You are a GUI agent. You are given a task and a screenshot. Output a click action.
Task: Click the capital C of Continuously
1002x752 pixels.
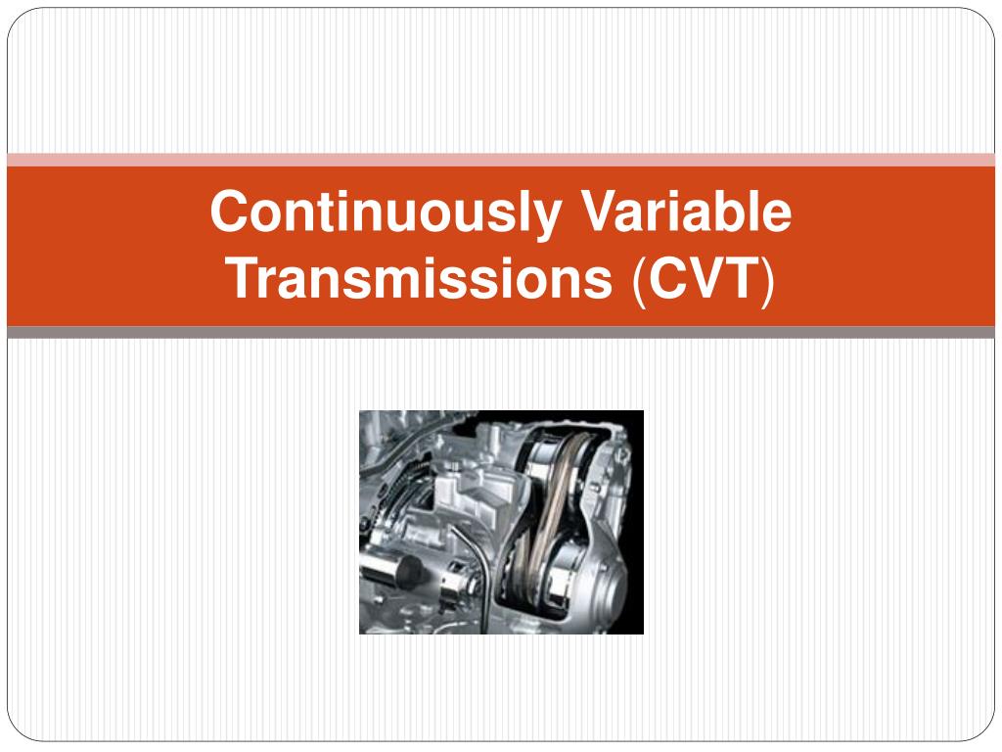click(x=231, y=211)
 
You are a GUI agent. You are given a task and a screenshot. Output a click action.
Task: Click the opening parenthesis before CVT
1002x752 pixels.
click(x=638, y=281)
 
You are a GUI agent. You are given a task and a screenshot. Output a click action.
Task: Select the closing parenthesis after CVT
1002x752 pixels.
click(x=768, y=281)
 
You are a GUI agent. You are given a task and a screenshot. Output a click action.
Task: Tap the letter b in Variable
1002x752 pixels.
click(x=733, y=211)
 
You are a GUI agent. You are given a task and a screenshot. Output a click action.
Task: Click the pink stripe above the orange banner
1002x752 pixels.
click(x=501, y=160)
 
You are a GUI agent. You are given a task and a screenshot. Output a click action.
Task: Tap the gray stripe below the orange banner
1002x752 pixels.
click(x=501, y=333)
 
